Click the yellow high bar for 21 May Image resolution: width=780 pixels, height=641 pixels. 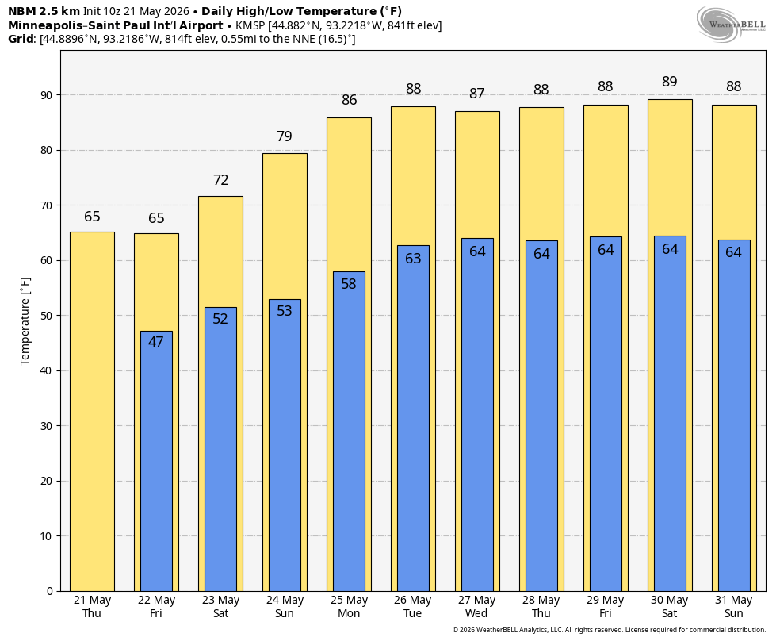[92, 412]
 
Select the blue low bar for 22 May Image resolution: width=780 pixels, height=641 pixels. [156, 462]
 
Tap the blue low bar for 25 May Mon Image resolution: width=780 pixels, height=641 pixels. [349, 432]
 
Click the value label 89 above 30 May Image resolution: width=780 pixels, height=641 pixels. [670, 81]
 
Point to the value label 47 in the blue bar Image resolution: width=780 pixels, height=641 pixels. [155, 341]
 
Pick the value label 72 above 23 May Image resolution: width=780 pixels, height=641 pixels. [221, 179]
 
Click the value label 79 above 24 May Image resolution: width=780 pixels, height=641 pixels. [285, 136]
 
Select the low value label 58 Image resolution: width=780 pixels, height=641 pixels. [349, 284]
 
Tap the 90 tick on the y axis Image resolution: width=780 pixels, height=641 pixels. [47, 95]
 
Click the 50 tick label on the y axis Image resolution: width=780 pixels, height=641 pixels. [47, 316]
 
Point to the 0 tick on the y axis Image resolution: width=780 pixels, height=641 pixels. [50, 591]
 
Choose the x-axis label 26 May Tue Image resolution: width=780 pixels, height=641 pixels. [413, 607]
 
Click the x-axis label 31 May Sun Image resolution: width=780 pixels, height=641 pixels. [734, 607]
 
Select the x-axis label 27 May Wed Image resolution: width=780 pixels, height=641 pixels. [477, 607]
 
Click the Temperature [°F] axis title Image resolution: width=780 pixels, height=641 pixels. [25, 321]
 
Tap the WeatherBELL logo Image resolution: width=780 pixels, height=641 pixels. [731, 25]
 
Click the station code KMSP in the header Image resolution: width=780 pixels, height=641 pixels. [250, 25]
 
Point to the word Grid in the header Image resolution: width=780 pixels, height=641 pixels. [21, 39]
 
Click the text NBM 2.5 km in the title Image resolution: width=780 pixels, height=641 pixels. [44, 11]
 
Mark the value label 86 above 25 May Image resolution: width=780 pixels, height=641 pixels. [350, 99]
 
